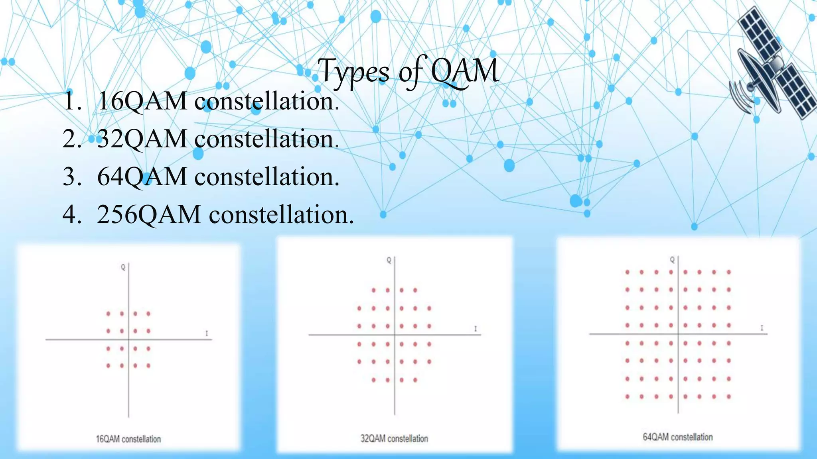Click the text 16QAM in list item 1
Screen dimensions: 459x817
tap(142, 101)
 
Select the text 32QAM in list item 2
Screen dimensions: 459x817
tap(142, 139)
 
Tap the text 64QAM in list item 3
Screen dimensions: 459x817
tap(142, 177)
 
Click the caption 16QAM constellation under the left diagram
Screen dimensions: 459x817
tap(128, 439)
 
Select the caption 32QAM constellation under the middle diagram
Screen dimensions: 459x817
tap(394, 438)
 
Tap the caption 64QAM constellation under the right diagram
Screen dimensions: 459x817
tap(677, 437)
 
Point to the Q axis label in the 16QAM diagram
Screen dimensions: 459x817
tap(123, 267)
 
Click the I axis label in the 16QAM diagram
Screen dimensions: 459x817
tap(207, 333)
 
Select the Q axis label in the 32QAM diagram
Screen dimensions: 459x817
tap(389, 260)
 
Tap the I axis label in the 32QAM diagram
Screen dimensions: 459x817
tap(476, 329)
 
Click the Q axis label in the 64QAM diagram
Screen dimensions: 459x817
tap(672, 260)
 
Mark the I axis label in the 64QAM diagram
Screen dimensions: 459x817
tap(762, 328)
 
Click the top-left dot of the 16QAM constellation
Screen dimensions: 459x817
tap(108, 314)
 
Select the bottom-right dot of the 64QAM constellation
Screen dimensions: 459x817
tap(729, 396)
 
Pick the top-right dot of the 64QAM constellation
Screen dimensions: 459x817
tap(729, 272)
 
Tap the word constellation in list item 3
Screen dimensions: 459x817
tap(266, 177)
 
